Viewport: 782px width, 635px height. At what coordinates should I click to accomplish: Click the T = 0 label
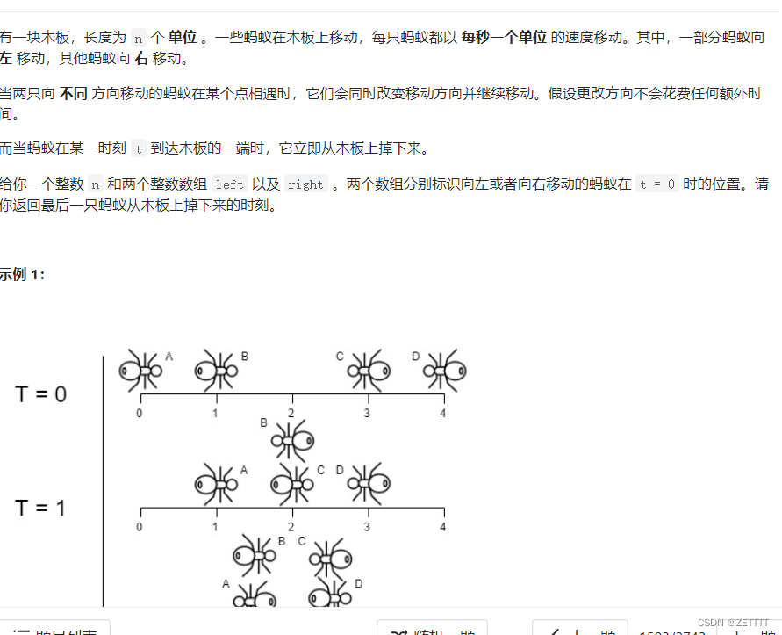coord(40,394)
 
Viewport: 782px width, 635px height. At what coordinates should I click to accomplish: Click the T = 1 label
coord(40,508)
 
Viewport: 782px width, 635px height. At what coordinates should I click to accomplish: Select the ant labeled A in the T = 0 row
coord(140,371)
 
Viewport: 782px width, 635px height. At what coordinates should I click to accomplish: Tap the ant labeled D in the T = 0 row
coord(444,371)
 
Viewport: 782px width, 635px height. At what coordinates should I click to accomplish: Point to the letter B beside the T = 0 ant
coord(245,356)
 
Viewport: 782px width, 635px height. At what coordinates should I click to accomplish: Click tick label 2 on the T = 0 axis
coord(291,413)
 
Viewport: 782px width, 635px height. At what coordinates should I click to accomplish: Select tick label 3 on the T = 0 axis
coord(367,413)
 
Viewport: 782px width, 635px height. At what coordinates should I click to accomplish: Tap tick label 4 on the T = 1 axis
coord(442,527)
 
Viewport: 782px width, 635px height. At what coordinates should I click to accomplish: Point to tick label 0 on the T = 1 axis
coord(140,527)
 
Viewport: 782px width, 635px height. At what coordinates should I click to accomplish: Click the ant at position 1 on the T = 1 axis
coord(215,484)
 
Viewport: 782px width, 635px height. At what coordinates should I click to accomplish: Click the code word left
coord(229,184)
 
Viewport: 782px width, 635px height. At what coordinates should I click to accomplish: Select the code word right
coord(305,184)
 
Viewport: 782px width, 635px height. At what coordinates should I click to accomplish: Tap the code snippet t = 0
coord(656,184)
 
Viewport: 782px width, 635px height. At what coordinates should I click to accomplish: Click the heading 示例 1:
coord(22,274)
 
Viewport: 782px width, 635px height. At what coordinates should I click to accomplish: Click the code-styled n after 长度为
coord(139,38)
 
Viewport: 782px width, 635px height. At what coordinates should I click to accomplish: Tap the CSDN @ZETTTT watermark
coord(727,622)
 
